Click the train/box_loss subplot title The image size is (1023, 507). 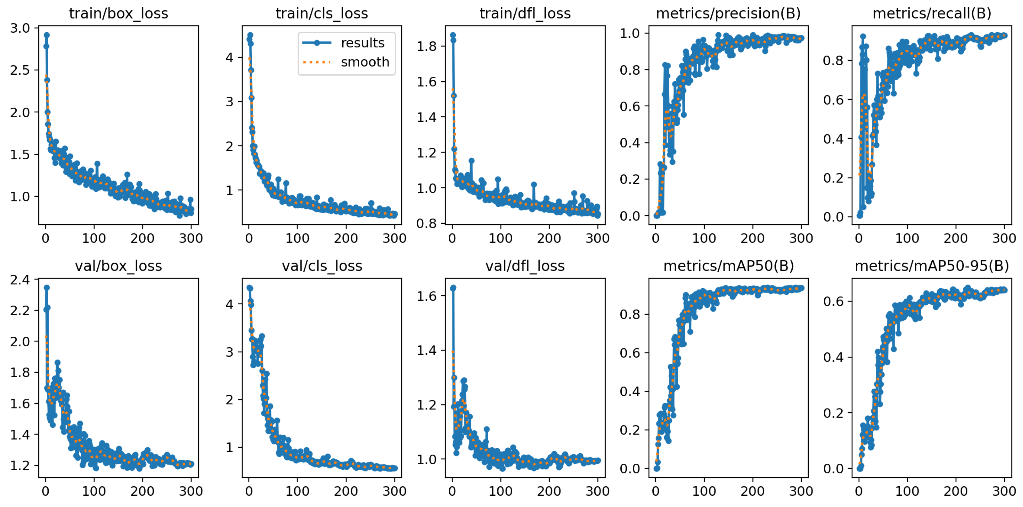pos(118,13)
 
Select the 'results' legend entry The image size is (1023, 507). pos(362,43)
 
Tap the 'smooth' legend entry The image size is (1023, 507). pos(365,62)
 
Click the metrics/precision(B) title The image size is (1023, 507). pos(728,13)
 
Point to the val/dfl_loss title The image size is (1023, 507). pos(525,266)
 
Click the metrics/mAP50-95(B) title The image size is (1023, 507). pos(931,266)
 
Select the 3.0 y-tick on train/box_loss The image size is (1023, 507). pos(20,28)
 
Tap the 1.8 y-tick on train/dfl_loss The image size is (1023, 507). pos(426,46)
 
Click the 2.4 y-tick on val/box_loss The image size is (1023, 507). pos(20,280)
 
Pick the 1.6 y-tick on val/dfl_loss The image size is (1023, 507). pos(426,296)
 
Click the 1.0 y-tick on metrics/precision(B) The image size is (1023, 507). pos(630,33)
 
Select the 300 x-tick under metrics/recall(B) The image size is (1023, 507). pos(1004,238)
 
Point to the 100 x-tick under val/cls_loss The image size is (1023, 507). pos(297,491)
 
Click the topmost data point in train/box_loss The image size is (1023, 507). pos(46,35)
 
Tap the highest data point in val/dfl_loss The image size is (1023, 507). pos(453,287)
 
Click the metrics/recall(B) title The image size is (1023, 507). pos(931,13)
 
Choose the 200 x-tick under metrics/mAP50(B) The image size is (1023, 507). pos(752,491)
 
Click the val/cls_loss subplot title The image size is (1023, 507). pos(322,266)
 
